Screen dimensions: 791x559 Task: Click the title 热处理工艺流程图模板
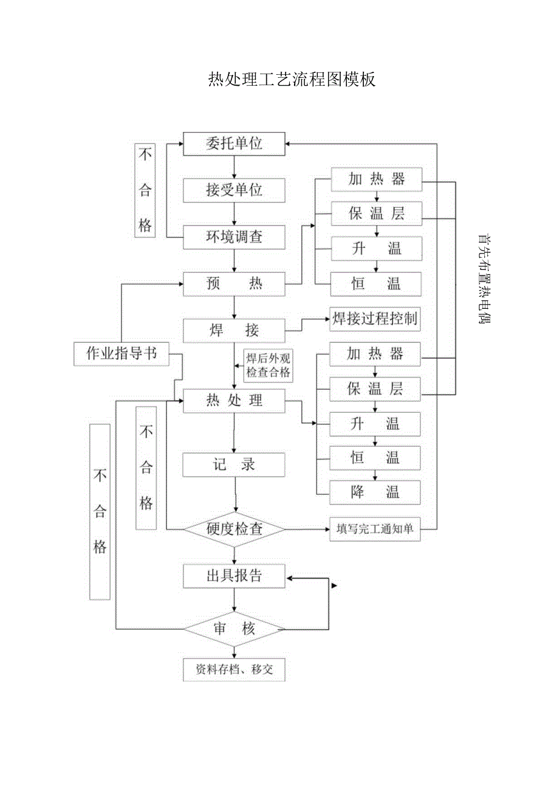click(292, 80)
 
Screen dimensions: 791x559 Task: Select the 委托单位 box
click(234, 144)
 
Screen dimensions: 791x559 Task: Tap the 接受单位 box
click(234, 190)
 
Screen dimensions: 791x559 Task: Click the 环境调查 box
click(234, 237)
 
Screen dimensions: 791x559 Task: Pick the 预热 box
click(234, 283)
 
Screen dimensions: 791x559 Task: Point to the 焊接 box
click(234, 331)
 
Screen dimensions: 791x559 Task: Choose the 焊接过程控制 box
click(374, 319)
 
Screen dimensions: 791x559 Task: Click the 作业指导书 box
click(122, 354)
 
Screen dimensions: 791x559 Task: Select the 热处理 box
click(234, 401)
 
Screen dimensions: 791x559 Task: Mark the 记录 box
click(234, 465)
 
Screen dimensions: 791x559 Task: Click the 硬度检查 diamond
click(235, 529)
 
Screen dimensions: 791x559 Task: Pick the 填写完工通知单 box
click(375, 529)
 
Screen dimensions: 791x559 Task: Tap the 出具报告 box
click(234, 576)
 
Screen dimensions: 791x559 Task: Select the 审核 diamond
click(235, 629)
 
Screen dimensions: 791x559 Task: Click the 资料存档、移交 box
click(234, 669)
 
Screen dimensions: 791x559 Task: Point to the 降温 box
click(375, 492)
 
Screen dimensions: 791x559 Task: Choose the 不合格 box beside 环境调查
click(145, 190)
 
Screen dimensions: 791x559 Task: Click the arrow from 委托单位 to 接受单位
click(234, 167)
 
